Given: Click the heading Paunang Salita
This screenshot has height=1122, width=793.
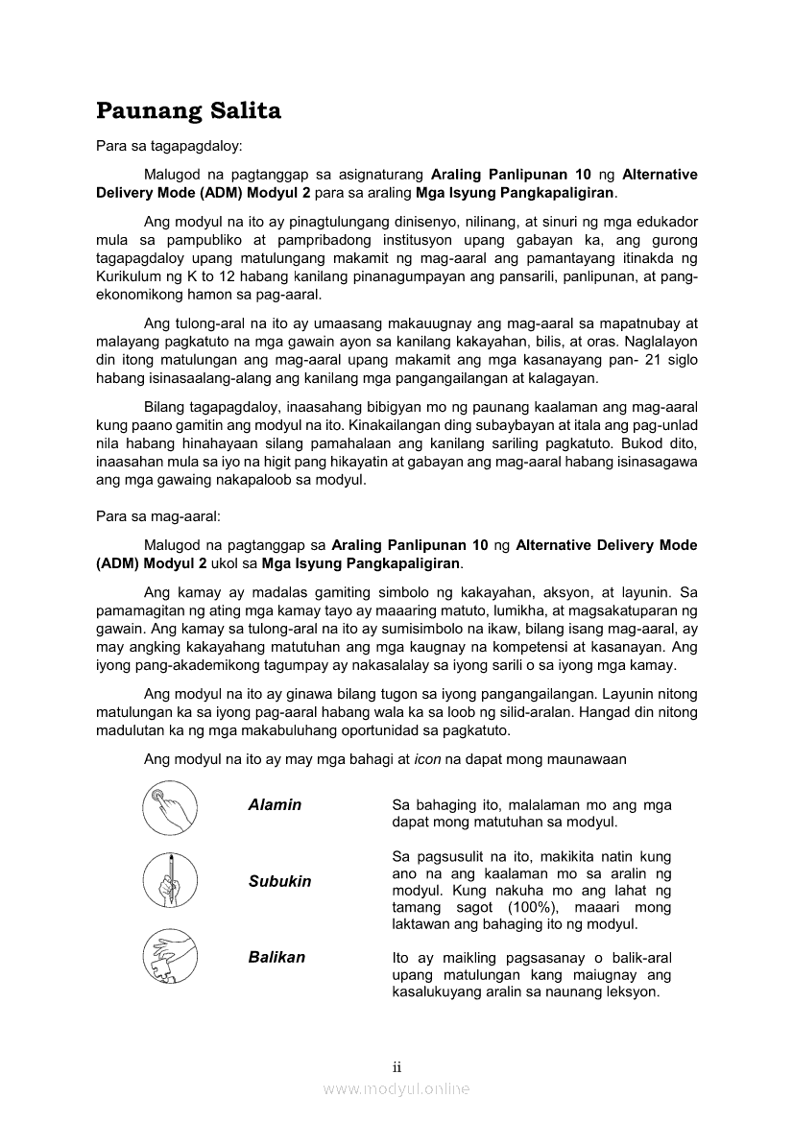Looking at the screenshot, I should (x=188, y=111).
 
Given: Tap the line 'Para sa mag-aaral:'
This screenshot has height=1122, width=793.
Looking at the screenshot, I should (x=158, y=515).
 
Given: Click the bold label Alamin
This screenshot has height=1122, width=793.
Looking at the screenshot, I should (x=275, y=805).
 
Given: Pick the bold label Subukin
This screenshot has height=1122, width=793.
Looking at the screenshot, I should (x=279, y=881).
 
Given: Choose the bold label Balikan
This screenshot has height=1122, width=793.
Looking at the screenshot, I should (x=276, y=957).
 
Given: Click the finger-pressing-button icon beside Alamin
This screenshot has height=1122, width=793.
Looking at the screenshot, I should (x=169, y=808).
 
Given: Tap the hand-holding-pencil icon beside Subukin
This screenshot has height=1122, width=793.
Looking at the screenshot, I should (x=169, y=881).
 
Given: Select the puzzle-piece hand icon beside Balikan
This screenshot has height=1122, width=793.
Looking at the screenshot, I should (x=169, y=955).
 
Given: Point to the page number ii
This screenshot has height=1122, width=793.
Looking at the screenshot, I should (x=396, y=1066).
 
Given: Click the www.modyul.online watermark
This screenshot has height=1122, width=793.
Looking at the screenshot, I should (x=396, y=1088).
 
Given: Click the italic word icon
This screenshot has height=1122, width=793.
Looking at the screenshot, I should (x=427, y=759).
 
